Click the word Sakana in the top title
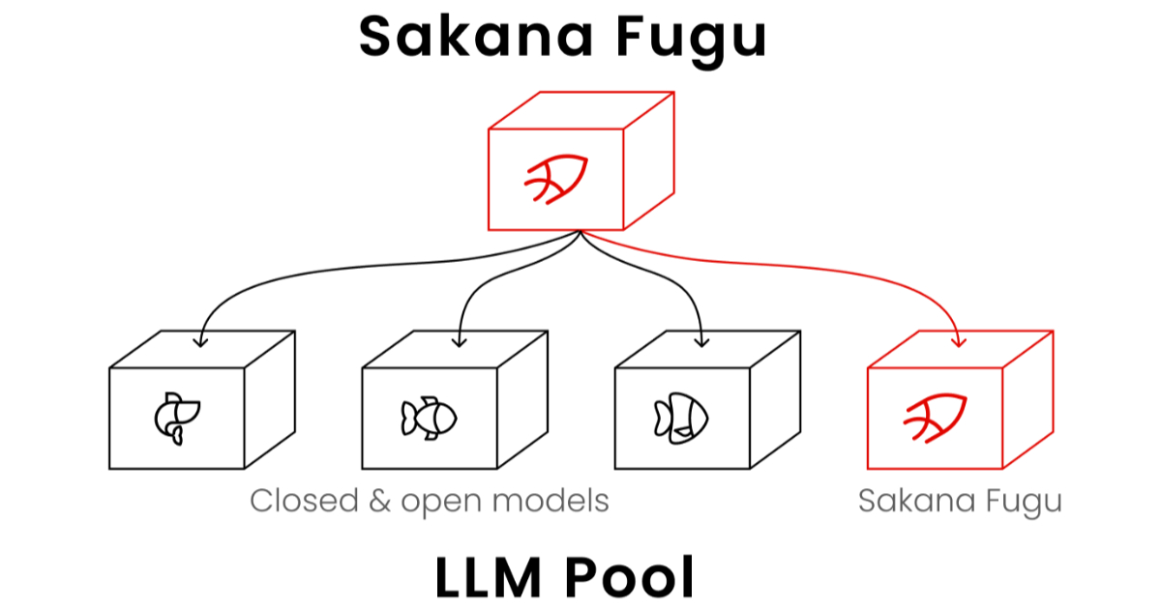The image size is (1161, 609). click(x=476, y=37)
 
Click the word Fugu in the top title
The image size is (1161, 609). click(x=692, y=42)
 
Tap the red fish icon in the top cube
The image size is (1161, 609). click(x=556, y=179)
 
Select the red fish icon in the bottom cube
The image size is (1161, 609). click(x=935, y=418)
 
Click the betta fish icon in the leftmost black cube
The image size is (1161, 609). click(x=177, y=419)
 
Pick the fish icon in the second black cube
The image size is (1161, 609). click(x=429, y=419)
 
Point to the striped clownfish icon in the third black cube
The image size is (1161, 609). click(x=681, y=419)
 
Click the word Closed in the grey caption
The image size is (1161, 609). click(x=304, y=501)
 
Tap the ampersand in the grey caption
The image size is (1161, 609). click(x=380, y=502)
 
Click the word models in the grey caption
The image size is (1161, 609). click(x=551, y=501)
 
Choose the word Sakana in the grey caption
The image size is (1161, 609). click(x=917, y=501)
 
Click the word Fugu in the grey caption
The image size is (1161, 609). click(x=1024, y=504)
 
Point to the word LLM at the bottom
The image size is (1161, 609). click(x=489, y=577)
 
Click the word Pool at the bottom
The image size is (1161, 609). click(x=629, y=577)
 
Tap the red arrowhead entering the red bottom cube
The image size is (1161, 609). click(x=959, y=343)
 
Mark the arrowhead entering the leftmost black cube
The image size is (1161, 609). click(x=200, y=342)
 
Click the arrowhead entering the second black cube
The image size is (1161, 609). click(x=460, y=342)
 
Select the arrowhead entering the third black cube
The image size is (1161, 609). click(x=701, y=342)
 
